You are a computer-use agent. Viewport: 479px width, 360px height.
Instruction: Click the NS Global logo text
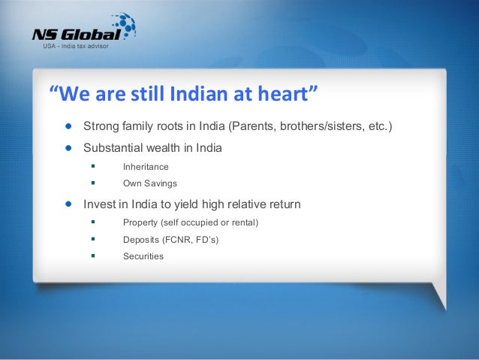pyautogui.click(x=77, y=35)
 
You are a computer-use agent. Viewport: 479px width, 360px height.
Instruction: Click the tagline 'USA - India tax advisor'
pyautogui.click(x=76, y=46)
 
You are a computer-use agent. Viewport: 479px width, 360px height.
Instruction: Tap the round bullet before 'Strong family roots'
pyautogui.click(x=68, y=126)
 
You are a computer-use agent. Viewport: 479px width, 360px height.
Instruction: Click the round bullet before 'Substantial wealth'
pyautogui.click(x=68, y=148)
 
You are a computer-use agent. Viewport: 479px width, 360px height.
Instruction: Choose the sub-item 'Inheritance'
pyautogui.click(x=146, y=167)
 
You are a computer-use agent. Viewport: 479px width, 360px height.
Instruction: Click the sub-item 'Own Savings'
pyautogui.click(x=150, y=183)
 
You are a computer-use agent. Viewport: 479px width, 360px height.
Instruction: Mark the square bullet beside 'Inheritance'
pyautogui.click(x=93, y=166)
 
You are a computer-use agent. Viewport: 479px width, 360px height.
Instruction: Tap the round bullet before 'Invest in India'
pyautogui.click(x=68, y=204)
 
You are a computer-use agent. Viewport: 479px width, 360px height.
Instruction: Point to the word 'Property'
pyautogui.click(x=140, y=222)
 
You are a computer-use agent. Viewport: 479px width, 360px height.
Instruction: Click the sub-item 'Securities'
pyautogui.click(x=143, y=256)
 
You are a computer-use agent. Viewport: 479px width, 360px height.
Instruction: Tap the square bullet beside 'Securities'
pyautogui.click(x=93, y=256)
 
